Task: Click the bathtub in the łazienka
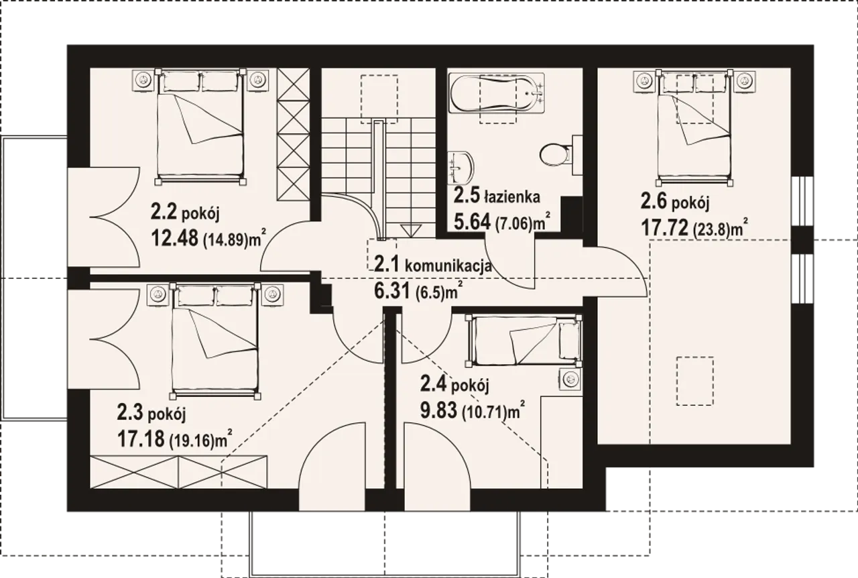point(497,93)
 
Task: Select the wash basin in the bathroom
point(461,168)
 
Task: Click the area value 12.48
point(175,238)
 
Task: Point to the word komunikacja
point(448,266)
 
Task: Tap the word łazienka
point(511,198)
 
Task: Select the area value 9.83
point(438,411)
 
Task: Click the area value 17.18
point(141,439)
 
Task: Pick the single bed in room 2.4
point(524,341)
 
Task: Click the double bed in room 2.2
point(200,127)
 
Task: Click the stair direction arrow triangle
point(411,231)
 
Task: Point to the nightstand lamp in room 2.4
point(570,380)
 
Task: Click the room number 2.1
point(387,264)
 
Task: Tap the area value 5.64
point(472,221)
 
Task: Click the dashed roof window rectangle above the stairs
point(379,99)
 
